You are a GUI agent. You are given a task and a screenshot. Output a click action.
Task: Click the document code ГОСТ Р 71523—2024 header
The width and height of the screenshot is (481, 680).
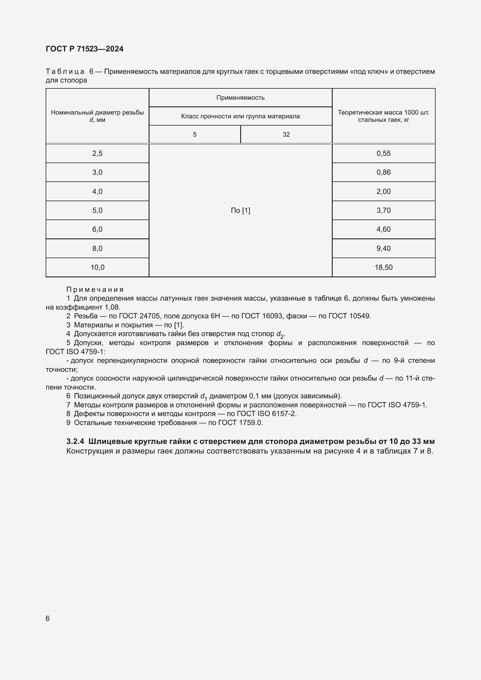coord(84,49)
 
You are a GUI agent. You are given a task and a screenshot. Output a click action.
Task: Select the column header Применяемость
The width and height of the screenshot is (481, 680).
coord(240,98)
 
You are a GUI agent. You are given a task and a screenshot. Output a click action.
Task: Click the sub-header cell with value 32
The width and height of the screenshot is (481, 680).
coord(286,135)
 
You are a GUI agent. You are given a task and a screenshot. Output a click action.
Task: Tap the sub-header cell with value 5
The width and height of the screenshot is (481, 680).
coord(195,135)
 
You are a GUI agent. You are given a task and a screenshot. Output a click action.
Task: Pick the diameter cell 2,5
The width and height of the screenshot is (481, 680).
coord(97,154)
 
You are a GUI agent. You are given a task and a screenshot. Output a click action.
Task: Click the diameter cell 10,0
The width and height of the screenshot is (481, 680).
coord(97,267)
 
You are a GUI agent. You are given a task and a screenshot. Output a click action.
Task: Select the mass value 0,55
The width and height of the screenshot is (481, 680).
coord(383,154)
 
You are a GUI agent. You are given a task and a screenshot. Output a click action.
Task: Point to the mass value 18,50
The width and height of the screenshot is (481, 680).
coord(383,267)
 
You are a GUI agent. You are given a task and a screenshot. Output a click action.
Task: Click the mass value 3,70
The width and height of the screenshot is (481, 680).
coord(383,210)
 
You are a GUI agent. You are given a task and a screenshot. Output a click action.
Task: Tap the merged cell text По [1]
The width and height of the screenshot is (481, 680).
coord(240,210)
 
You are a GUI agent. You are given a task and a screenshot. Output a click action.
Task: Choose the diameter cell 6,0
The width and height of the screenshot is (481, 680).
coord(97,229)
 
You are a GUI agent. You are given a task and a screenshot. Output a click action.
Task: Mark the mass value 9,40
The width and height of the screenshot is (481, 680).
coord(383,248)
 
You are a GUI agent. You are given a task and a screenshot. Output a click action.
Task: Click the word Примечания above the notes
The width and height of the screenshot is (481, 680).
coord(95,289)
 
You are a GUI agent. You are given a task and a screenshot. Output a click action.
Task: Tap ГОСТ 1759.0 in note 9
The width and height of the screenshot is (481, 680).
coord(240,422)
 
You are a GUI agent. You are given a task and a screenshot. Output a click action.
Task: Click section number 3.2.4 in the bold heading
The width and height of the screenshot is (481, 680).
coord(75,442)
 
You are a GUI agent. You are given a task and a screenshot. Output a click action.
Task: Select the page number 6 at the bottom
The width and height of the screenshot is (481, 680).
coord(48,618)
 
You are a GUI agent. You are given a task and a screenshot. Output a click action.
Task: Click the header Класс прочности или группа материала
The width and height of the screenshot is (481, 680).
coord(240,116)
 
